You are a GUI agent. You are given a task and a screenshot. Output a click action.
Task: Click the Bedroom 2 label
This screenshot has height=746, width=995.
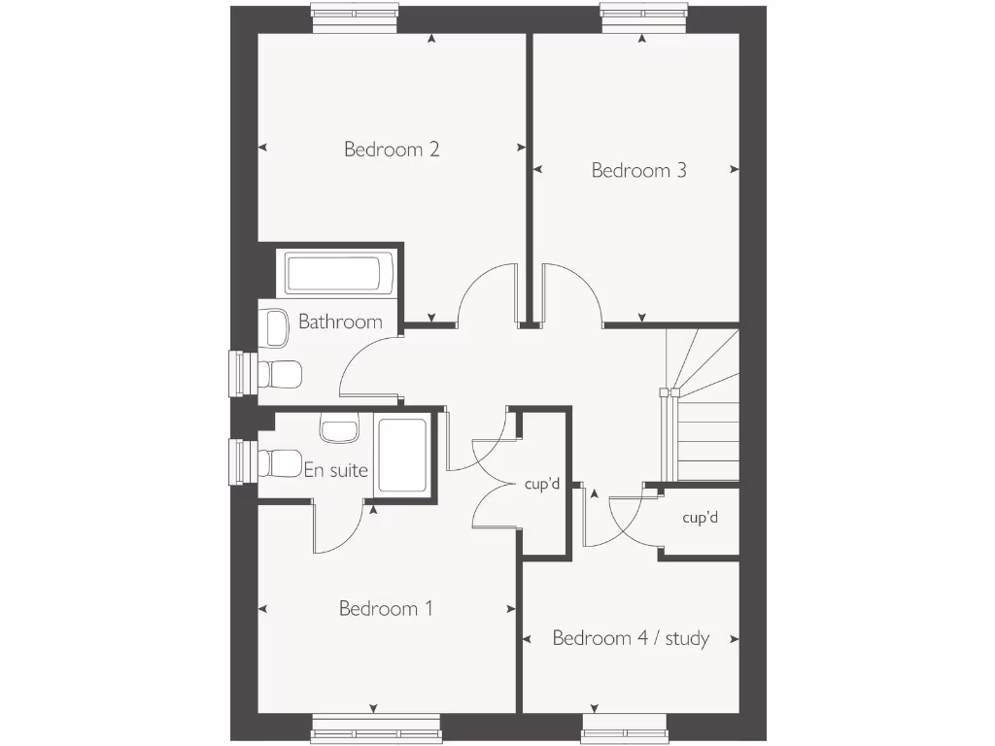[x=392, y=150]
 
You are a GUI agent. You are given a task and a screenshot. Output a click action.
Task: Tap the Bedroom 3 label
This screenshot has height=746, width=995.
[x=638, y=171]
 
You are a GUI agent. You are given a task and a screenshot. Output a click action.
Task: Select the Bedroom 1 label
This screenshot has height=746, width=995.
[x=385, y=609]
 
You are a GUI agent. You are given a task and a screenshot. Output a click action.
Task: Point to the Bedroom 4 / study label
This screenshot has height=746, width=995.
[x=631, y=639]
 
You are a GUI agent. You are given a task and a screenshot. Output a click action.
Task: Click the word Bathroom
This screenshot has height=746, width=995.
[x=340, y=322]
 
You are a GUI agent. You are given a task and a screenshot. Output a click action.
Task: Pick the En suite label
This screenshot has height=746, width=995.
[x=336, y=471]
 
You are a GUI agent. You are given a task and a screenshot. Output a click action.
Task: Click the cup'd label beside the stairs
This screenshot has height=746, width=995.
[x=700, y=519]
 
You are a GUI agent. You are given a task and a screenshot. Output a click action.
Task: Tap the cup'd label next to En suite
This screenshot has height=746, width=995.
[x=541, y=484]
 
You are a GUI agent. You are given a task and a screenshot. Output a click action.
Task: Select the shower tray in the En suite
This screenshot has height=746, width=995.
[x=402, y=455]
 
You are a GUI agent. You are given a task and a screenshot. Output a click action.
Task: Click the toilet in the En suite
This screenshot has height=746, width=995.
[x=281, y=463]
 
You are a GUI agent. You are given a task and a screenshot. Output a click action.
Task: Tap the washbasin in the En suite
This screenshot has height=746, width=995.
[x=339, y=428]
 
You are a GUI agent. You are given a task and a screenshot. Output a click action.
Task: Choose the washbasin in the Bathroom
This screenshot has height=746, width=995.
[x=276, y=327]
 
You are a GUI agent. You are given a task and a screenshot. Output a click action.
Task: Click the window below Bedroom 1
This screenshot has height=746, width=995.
[x=375, y=730]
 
